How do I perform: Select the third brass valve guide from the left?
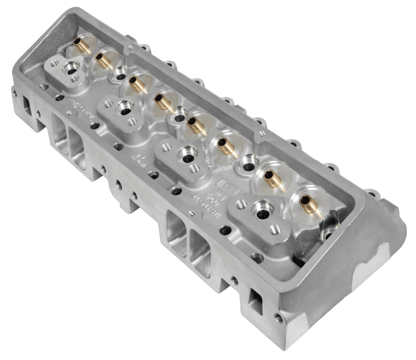[x=137, y=84]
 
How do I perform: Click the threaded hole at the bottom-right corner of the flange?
[x=277, y=316]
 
